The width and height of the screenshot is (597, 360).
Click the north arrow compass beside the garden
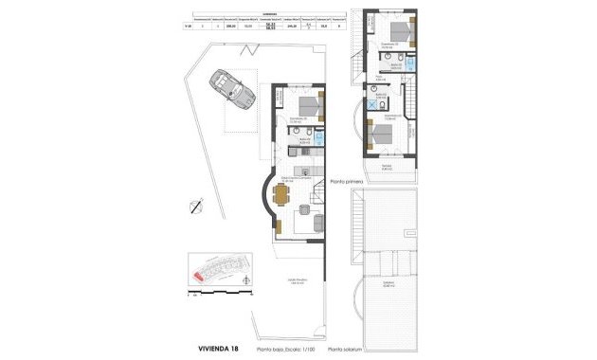coord(195,207)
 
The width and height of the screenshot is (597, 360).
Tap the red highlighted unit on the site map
coord(199,276)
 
